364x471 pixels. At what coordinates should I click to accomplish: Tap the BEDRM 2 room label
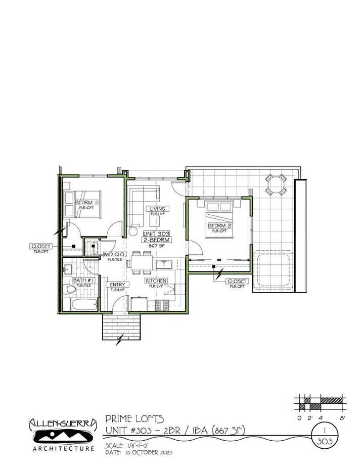[x=219, y=226]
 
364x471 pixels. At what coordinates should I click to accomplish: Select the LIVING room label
[x=158, y=209]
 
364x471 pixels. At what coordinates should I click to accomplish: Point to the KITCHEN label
[x=156, y=280]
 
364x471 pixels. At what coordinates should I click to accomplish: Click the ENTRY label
[x=117, y=285]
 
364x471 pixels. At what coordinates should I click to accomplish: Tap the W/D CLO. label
[x=114, y=254]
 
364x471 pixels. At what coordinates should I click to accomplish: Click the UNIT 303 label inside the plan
[x=156, y=234]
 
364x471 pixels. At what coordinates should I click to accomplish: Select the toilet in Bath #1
[x=70, y=290]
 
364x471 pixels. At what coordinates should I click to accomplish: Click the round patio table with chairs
[x=277, y=184]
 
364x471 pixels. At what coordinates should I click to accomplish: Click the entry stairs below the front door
[x=116, y=327]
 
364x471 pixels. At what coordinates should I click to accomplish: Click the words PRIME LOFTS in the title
[x=134, y=418]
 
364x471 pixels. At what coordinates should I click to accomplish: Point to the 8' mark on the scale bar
[x=342, y=418]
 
